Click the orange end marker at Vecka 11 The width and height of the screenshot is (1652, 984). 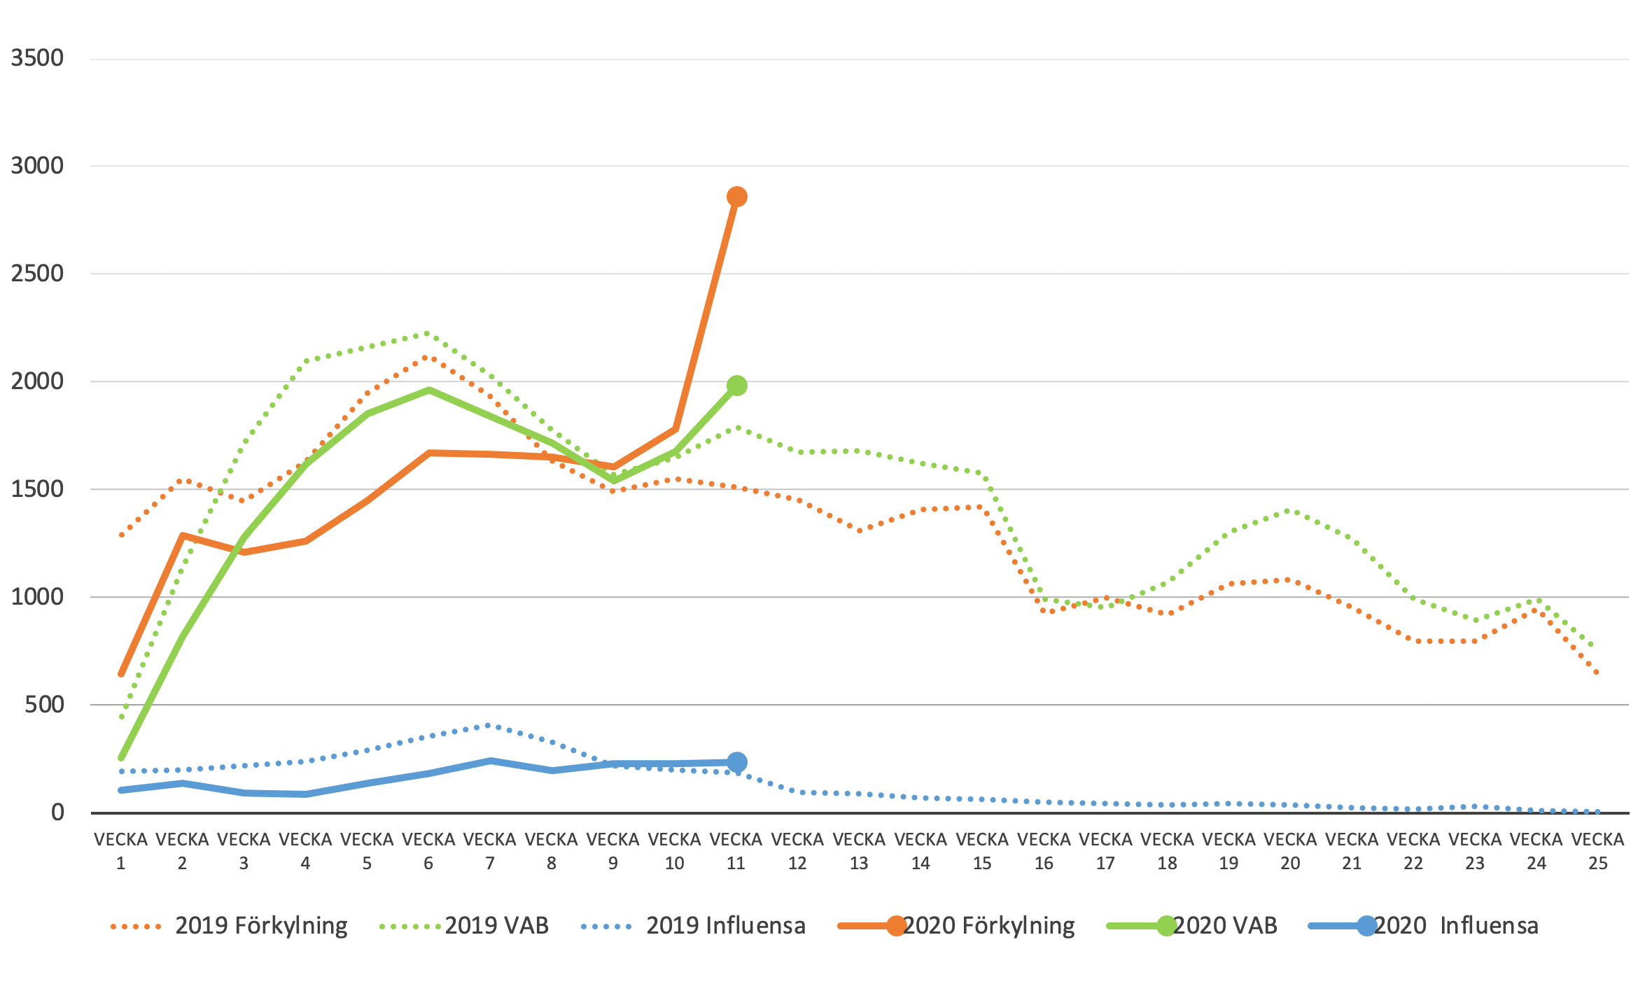point(736,197)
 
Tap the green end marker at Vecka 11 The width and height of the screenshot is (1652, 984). point(736,386)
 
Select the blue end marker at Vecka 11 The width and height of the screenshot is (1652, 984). point(736,762)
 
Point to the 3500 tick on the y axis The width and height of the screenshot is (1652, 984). point(37,58)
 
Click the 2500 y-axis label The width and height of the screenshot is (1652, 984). point(37,274)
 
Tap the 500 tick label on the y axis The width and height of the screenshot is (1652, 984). point(44,705)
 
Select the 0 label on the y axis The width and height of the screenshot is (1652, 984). point(57,813)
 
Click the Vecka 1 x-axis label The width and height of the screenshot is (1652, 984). point(120,851)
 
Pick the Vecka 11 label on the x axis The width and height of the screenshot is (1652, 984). point(736,851)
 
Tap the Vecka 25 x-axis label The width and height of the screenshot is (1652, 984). point(1598,851)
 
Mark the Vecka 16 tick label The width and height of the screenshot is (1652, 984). point(1044,851)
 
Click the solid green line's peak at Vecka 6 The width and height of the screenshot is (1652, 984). point(428,390)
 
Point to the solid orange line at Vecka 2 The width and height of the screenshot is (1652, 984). point(183,536)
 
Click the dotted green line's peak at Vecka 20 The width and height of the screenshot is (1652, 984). point(1289,511)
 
